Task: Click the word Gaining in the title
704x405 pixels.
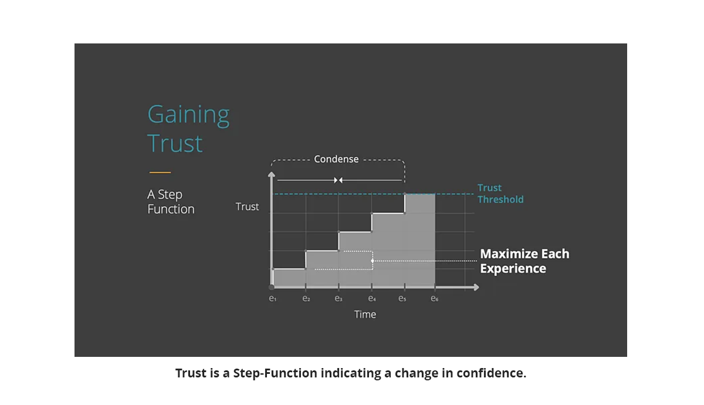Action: click(x=188, y=116)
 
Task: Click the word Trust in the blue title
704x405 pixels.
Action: click(x=175, y=143)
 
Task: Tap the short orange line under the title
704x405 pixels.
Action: click(x=160, y=173)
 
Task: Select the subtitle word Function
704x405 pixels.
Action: click(x=171, y=209)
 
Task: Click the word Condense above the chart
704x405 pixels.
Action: click(x=336, y=159)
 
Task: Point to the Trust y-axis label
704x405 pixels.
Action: click(x=248, y=207)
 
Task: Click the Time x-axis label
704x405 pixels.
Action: click(x=365, y=315)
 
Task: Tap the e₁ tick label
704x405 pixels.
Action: click(x=272, y=298)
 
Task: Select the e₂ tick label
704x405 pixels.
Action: click(x=306, y=298)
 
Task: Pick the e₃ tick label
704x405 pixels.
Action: click(x=339, y=298)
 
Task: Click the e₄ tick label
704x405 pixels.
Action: click(x=372, y=298)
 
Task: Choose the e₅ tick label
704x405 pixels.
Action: click(x=402, y=298)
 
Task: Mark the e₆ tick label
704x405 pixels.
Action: click(x=434, y=298)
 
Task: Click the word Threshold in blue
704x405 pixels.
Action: click(x=500, y=200)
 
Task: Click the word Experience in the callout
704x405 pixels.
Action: click(x=513, y=269)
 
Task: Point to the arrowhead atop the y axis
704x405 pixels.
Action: click(x=272, y=174)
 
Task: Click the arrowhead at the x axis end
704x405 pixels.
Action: click(x=476, y=287)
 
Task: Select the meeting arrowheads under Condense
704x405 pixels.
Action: click(x=338, y=180)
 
